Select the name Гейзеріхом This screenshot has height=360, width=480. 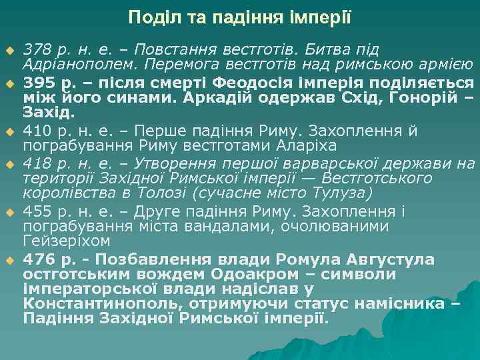(x=67, y=240)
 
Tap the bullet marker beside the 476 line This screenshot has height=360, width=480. (x=10, y=260)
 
